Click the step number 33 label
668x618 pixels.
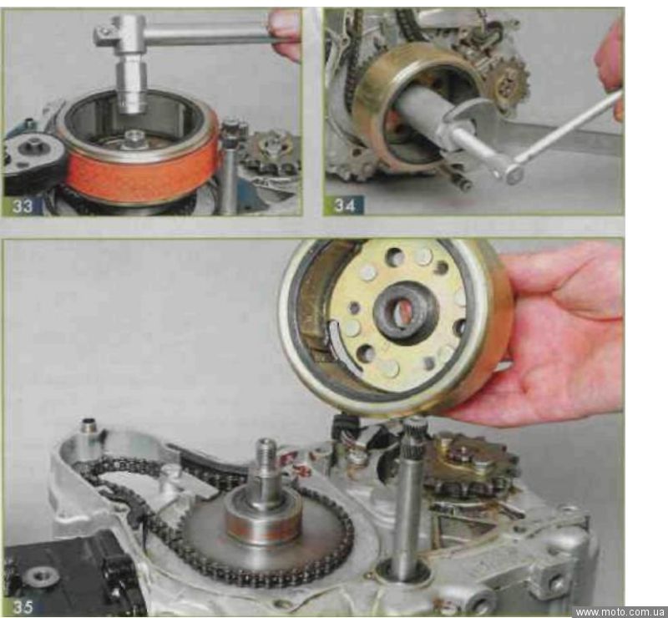point(23,205)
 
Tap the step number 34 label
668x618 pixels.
point(344,205)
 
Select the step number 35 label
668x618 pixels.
point(23,607)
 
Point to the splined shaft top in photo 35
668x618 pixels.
point(412,430)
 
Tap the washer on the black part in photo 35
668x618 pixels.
point(40,576)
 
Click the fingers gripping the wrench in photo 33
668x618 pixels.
point(285,34)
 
